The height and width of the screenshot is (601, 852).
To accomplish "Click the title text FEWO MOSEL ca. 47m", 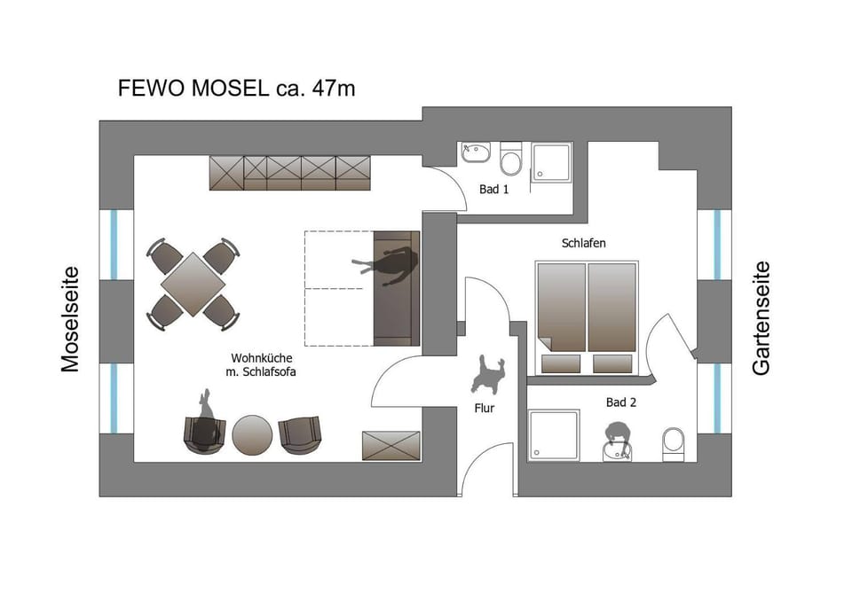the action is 236,88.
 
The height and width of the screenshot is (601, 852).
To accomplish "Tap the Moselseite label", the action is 70,319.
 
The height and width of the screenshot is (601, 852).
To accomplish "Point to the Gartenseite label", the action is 761,318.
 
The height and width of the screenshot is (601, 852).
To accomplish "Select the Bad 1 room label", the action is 494,190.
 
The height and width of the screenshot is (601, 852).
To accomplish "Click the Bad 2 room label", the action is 621,402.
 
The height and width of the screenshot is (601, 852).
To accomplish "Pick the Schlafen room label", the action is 584,243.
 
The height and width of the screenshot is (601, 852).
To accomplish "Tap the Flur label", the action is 485,408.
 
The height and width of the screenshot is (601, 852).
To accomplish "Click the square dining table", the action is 193,284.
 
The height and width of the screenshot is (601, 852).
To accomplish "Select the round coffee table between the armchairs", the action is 252,435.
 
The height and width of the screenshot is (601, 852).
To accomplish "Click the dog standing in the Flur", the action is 488,375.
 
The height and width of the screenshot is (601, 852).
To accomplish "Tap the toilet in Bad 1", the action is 511,159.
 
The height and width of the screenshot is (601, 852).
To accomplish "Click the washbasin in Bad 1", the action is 476,152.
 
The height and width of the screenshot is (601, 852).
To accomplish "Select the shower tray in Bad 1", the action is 551,162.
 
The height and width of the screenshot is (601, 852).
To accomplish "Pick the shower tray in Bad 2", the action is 554,435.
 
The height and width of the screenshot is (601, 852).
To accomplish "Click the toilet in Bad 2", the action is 674,444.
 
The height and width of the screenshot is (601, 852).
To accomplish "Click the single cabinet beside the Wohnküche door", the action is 391,445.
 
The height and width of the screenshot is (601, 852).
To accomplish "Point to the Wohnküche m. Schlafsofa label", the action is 261,365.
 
